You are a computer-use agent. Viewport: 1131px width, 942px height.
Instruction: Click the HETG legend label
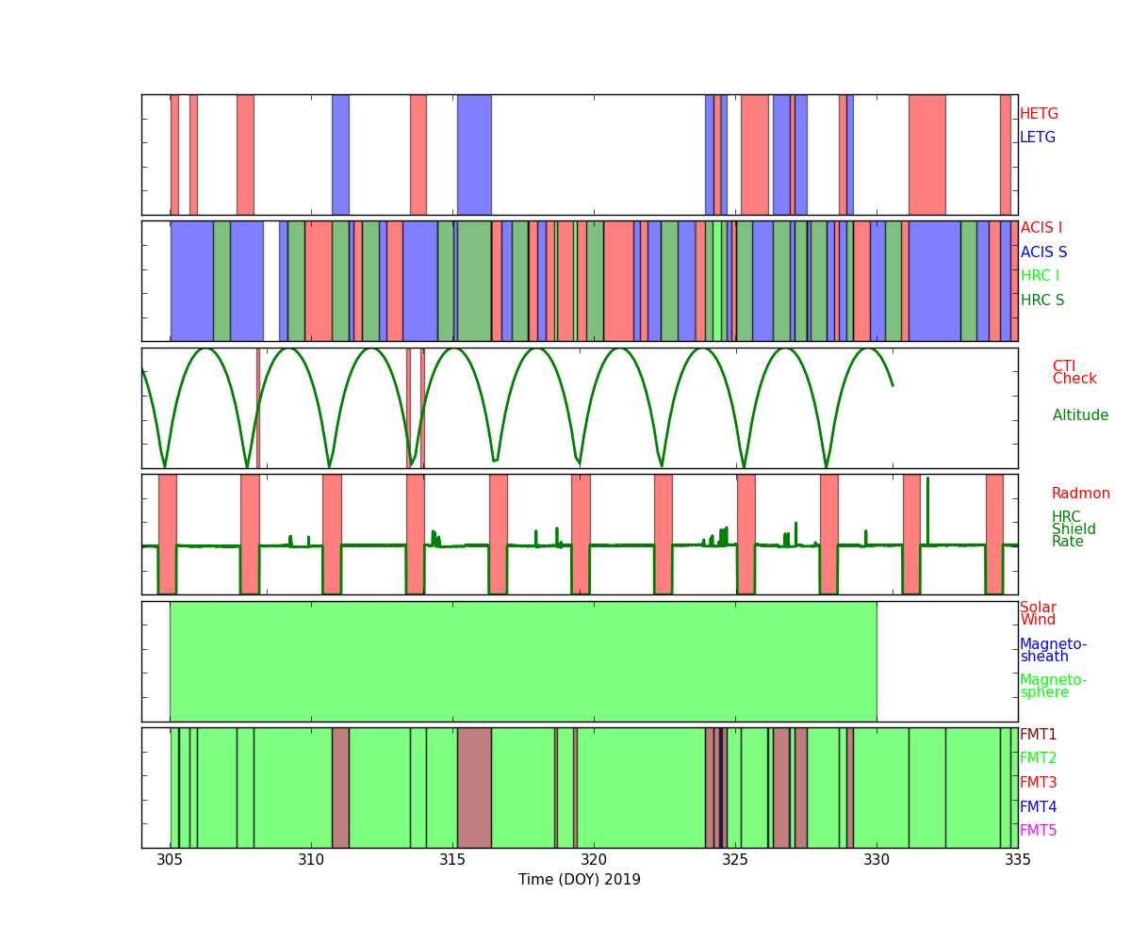tap(1039, 114)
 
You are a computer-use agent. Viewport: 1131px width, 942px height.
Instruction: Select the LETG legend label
tap(1038, 137)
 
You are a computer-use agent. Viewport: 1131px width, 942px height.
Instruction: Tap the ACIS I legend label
tap(1041, 227)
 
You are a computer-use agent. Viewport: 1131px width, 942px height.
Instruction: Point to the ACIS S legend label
tap(1043, 252)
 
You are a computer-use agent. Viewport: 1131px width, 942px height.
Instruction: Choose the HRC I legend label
tap(1040, 276)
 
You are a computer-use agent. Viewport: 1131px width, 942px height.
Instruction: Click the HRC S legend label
tap(1042, 300)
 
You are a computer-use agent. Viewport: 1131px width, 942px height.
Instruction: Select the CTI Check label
tap(1074, 372)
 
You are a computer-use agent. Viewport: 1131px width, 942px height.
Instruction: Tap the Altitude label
tap(1080, 414)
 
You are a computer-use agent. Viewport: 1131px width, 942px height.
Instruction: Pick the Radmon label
tap(1081, 494)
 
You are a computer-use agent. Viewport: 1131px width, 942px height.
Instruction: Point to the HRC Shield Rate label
tap(1074, 528)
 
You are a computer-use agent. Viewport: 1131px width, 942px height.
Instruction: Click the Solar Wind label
tap(1038, 613)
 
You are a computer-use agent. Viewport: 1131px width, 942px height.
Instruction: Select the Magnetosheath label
tap(1053, 650)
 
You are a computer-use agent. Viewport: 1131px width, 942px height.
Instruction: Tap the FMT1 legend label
tap(1038, 734)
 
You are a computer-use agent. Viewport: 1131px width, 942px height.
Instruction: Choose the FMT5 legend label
tap(1038, 830)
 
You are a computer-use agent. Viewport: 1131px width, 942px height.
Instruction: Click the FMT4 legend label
tap(1038, 806)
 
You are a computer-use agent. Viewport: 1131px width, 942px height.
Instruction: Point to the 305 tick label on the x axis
tap(170, 860)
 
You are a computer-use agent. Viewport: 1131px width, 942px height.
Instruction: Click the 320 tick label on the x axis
tap(594, 860)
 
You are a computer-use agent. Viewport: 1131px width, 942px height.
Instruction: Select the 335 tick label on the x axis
tap(1018, 860)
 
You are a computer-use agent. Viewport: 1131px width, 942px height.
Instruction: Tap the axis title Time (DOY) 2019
tap(579, 879)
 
